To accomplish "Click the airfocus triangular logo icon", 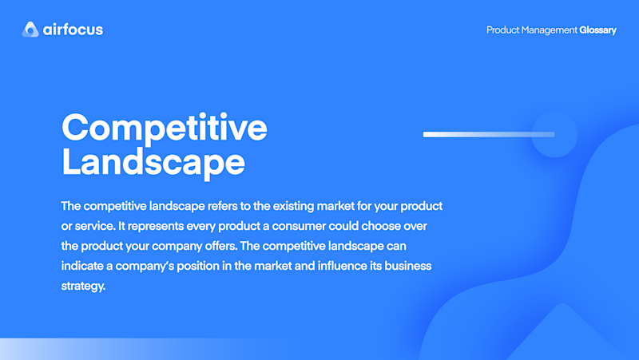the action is [30, 30].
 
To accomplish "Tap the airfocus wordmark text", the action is [73, 30].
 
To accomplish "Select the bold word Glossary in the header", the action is [597, 30].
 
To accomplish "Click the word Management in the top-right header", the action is [549, 30].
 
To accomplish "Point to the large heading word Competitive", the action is [165, 128].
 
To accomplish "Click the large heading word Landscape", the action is [153, 163].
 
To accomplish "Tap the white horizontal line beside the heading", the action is [489, 134].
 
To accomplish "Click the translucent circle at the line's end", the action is [554, 134].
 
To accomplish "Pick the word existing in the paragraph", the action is [293, 207].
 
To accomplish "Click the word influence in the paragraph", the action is [343, 266].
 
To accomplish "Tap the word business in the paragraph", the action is [408, 266].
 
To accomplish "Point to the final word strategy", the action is [83, 287].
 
